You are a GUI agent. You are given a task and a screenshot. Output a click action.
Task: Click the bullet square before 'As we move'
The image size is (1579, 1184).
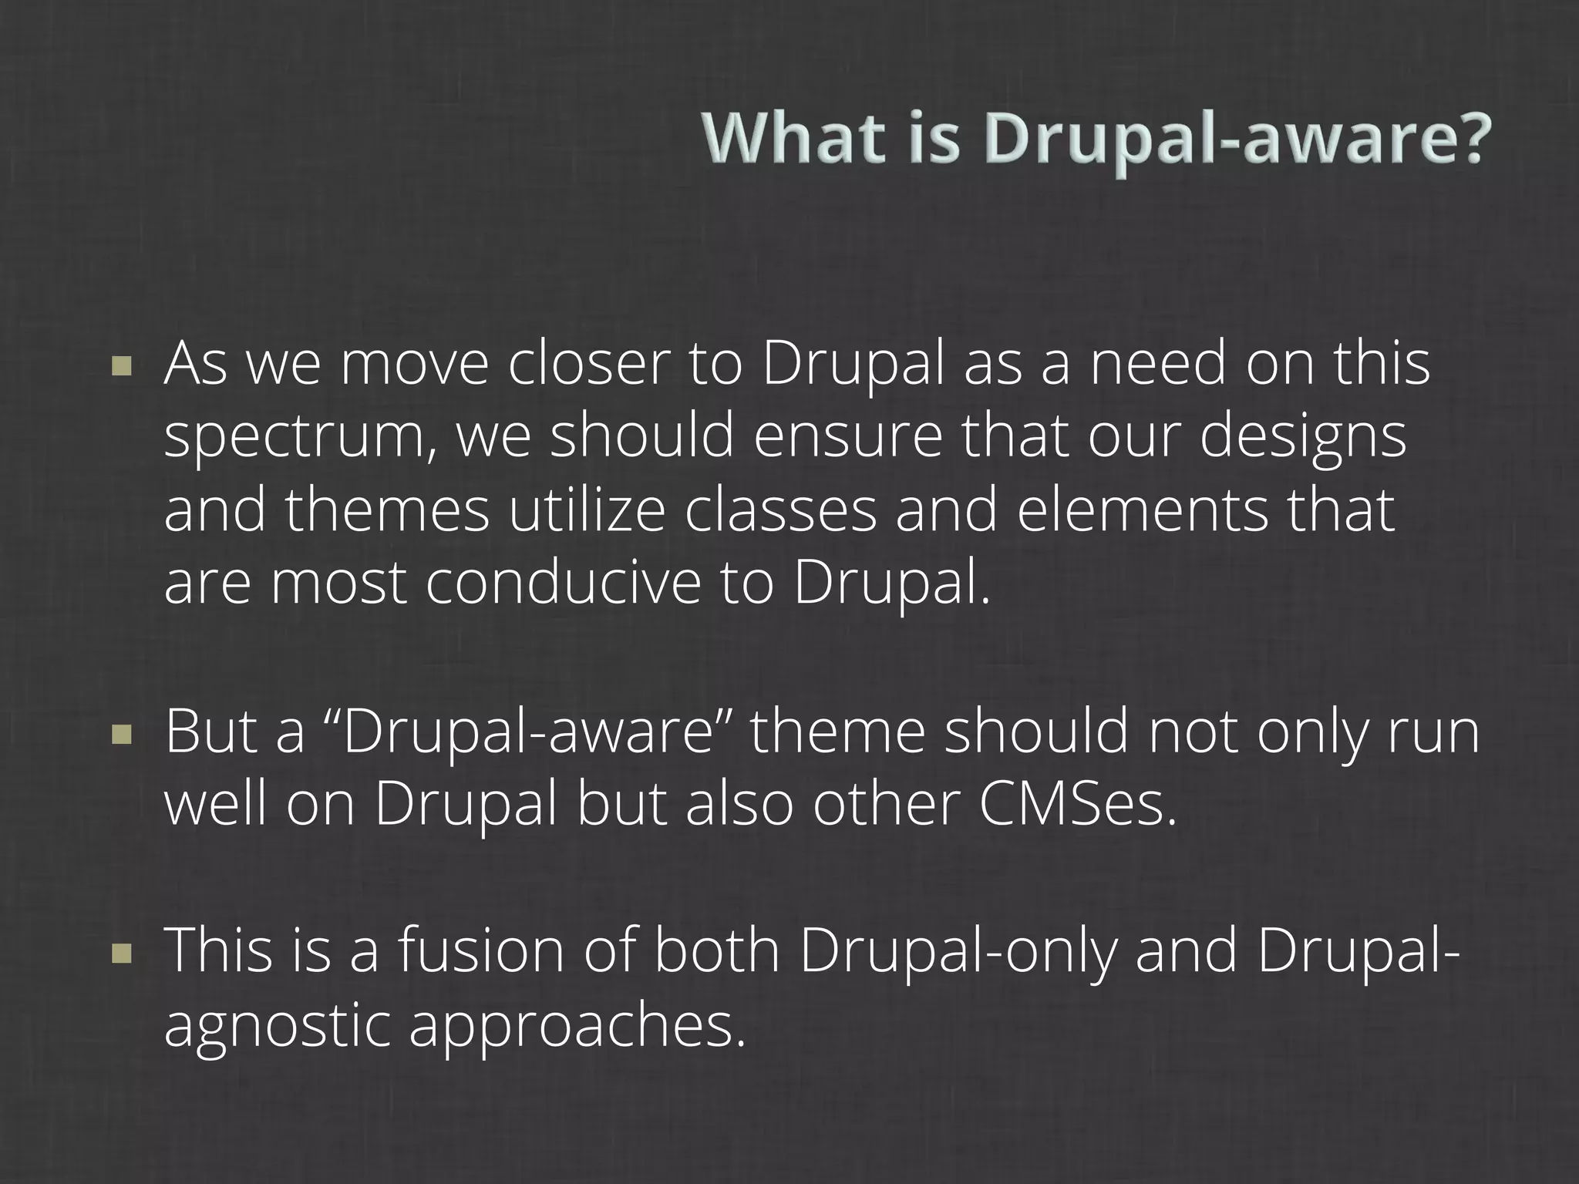[x=122, y=365]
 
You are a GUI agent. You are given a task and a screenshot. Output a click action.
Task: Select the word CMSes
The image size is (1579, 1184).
[x=1078, y=806]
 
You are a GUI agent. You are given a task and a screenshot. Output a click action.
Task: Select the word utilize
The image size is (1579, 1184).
[x=586, y=510]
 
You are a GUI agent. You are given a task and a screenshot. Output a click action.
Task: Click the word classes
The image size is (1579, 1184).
[x=781, y=510]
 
